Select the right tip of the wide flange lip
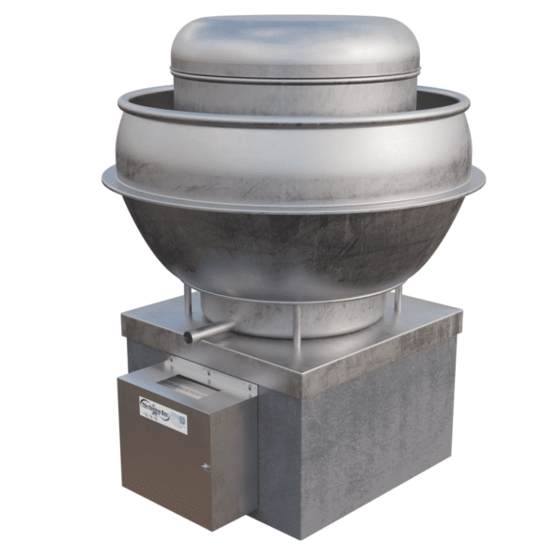coord(483,174)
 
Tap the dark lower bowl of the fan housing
coord(291,244)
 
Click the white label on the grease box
coord(163,413)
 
